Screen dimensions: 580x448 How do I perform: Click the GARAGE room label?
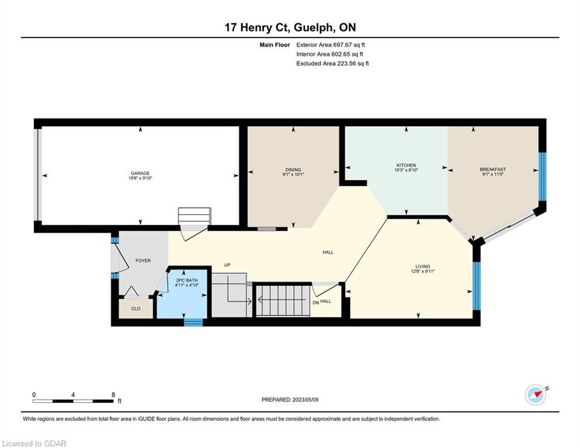pyautogui.click(x=140, y=173)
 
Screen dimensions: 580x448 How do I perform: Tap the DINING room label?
pyautogui.click(x=293, y=170)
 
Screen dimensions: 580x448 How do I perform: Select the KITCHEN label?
pyautogui.click(x=406, y=165)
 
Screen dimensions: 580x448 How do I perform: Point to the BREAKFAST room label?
pyautogui.click(x=493, y=170)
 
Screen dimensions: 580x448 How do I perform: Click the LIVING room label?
pyautogui.click(x=423, y=266)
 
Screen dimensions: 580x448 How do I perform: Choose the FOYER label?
pyautogui.click(x=143, y=261)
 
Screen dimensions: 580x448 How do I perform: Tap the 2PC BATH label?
pyautogui.click(x=187, y=281)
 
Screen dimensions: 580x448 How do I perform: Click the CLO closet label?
pyautogui.click(x=136, y=309)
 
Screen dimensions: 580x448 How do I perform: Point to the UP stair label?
pyautogui.click(x=227, y=265)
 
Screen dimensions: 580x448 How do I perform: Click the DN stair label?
pyautogui.click(x=315, y=303)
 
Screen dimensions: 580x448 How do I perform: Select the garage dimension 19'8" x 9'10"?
pyautogui.click(x=140, y=178)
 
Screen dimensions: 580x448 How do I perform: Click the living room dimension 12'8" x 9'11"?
pyautogui.click(x=423, y=271)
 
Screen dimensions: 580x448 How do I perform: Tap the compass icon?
pyautogui.click(x=536, y=395)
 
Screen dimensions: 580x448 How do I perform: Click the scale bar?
pyautogui.click(x=73, y=401)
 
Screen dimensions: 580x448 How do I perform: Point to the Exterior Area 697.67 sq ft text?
pyautogui.click(x=331, y=45)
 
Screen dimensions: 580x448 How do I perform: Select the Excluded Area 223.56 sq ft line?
pyautogui.click(x=332, y=64)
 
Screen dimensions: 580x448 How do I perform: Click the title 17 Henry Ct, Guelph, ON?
pyautogui.click(x=290, y=27)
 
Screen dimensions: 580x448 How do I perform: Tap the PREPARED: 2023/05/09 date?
pyautogui.click(x=290, y=400)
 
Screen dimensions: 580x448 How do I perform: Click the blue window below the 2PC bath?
pyautogui.click(x=194, y=323)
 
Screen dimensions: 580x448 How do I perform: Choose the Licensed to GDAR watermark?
pyautogui.click(x=34, y=443)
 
